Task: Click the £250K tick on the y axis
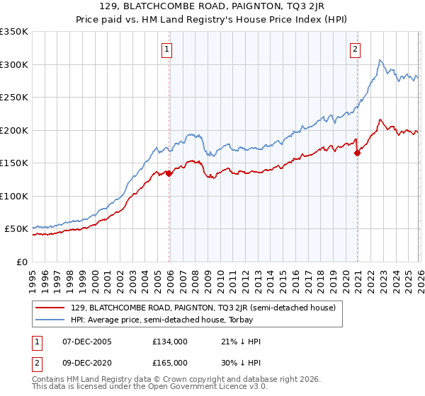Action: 14,98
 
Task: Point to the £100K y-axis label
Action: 14,197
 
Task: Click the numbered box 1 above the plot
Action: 167,49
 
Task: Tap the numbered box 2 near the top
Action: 354,49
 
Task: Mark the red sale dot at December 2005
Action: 169,173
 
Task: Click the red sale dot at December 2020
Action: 357,153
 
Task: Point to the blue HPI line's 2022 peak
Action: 380,61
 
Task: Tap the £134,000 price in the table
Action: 170,342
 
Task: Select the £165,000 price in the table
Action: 170,362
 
